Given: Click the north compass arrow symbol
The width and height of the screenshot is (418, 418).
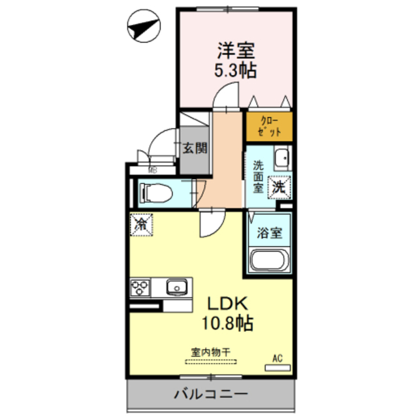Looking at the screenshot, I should [x=144, y=28].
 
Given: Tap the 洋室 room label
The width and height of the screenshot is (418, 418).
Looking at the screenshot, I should [x=236, y=50].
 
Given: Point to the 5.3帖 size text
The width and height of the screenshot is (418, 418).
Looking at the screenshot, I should [x=236, y=70].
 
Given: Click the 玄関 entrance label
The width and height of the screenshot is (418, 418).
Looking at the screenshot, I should [x=194, y=148].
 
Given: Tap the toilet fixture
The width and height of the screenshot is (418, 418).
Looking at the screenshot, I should [x=156, y=193].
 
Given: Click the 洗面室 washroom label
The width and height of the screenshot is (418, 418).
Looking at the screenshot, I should [x=257, y=175].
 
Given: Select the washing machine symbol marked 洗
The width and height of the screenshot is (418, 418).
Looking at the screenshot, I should [x=279, y=187].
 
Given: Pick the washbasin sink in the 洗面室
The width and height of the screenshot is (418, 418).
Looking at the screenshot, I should [x=281, y=158].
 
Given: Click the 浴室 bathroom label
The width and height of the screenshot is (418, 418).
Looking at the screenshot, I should [x=269, y=232].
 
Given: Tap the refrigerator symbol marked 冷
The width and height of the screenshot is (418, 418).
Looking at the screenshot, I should [x=141, y=223].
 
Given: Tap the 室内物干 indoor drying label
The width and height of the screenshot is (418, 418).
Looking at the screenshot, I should [x=211, y=351].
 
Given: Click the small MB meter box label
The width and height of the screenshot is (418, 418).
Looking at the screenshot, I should [x=152, y=170].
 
